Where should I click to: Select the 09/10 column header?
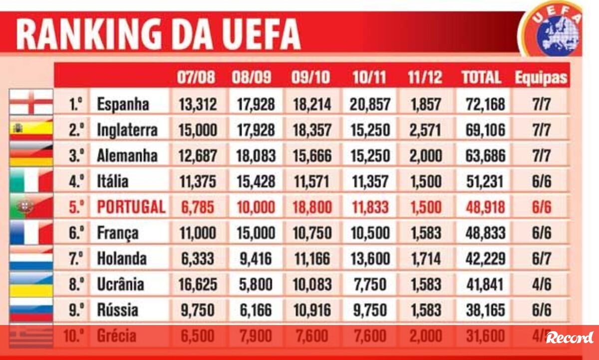point(310,77)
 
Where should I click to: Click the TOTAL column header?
point(481,77)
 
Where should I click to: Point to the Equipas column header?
point(541,77)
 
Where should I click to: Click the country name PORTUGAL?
point(131,207)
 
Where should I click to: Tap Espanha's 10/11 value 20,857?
point(370,104)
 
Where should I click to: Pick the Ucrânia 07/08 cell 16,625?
point(198,284)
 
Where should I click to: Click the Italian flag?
point(31,181)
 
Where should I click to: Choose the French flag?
point(31,233)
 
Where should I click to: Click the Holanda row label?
point(122,258)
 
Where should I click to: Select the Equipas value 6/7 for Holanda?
point(541,258)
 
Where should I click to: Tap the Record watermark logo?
point(570,338)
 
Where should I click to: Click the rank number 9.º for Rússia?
point(75,310)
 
